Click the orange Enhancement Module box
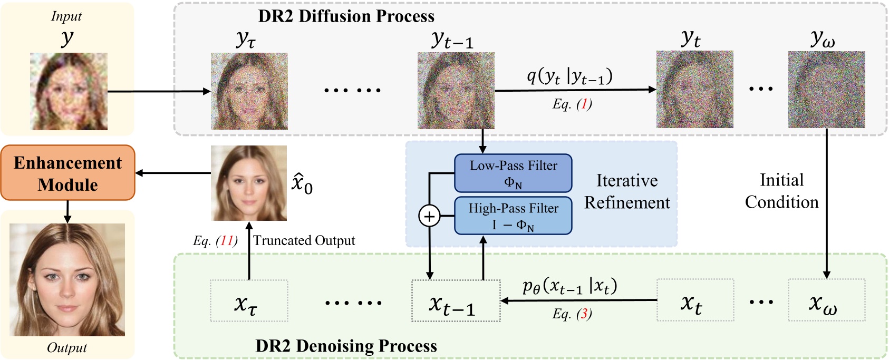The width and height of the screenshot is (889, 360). [x=67, y=173]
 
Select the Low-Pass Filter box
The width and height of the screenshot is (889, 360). [x=513, y=173]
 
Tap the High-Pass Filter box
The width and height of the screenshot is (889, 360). [x=513, y=216]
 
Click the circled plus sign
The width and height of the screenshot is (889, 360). [x=429, y=216]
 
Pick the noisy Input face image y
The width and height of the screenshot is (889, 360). [x=69, y=91]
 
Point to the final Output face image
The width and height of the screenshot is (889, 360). [x=67, y=280]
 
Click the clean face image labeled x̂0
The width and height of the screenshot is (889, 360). [x=249, y=183]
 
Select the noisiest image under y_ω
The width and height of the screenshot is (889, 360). [x=826, y=90]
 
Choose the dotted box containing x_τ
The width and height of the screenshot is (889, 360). [x=249, y=301]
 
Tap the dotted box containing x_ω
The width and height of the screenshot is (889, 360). [x=826, y=300]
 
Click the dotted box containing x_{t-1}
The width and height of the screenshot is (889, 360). [x=456, y=301]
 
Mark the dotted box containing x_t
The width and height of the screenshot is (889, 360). [x=695, y=300]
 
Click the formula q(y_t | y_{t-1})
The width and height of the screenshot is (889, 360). [x=569, y=77]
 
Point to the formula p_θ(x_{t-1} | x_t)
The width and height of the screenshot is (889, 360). [x=569, y=286]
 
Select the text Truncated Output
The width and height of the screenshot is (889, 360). [x=304, y=241]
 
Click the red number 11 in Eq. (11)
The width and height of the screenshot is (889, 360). [x=226, y=241]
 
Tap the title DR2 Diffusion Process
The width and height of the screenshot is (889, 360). [x=346, y=16]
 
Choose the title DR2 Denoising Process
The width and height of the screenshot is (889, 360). [x=346, y=346]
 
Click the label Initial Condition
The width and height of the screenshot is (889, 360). [x=781, y=191]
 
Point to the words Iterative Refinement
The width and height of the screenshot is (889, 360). [x=626, y=191]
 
